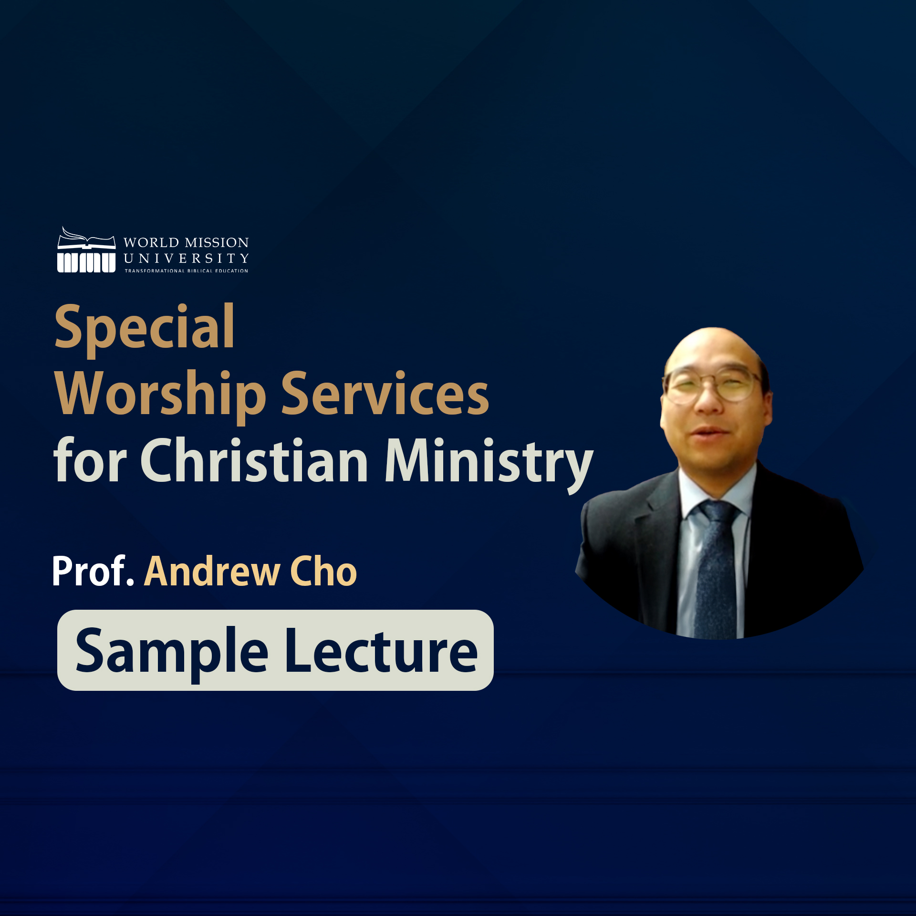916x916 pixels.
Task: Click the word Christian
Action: pos(254,459)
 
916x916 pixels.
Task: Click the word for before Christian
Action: pos(90,459)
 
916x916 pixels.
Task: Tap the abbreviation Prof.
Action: pos(93,571)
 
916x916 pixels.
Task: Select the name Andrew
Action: pos(212,571)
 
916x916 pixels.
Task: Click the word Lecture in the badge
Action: pos(381,650)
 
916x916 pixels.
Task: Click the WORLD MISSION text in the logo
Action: pos(186,242)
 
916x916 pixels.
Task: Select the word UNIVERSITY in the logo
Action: pos(186,259)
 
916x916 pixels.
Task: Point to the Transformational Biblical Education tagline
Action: pos(187,271)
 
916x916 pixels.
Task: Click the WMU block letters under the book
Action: pos(86,262)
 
